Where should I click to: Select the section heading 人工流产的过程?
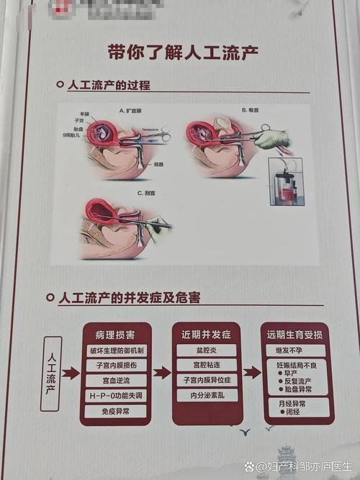click(108, 85)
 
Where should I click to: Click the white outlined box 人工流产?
click(51, 373)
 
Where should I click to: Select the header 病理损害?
click(114, 335)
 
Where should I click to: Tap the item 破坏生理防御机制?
click(116, 350)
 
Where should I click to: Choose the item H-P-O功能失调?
click(116, 396)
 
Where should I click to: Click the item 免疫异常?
click(116, 411)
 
